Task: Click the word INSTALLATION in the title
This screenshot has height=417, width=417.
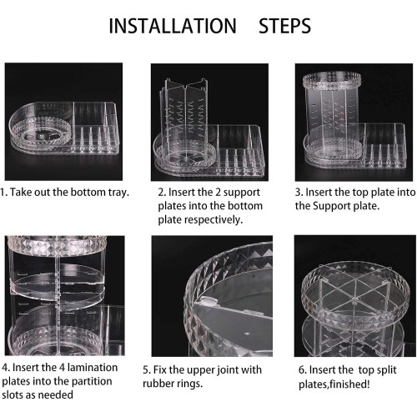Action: (x=173, y=26)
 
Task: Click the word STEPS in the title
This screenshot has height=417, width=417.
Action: (x=284, y=26)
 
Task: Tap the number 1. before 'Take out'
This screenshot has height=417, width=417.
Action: (x=4, y=192)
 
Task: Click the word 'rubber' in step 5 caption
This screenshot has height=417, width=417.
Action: (x=158, y=384)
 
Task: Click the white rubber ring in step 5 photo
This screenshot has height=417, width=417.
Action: (x=208, y=300)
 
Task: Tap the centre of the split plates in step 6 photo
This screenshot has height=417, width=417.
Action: (x=354, y=299)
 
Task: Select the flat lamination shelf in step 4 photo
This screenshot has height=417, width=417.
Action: (x=57, y=286)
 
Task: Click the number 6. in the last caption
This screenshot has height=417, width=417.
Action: (x=302, y=370)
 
